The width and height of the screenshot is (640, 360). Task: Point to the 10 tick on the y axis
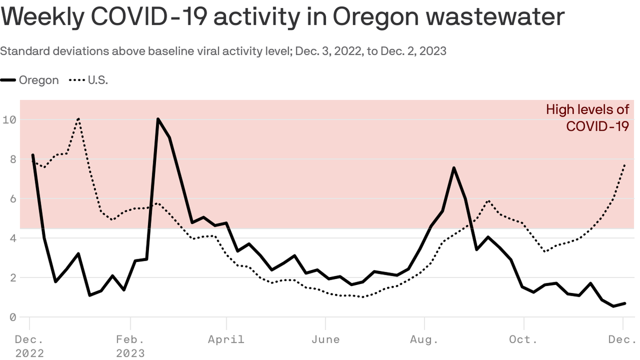click(9, 120)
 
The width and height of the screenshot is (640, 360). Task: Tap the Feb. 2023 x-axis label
click(130, 345)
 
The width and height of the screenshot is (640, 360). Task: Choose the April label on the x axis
click(226, 339)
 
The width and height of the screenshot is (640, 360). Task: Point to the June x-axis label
click(326, 339)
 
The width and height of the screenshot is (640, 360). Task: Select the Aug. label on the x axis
click(424, 339)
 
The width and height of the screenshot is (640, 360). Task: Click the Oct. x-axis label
click(523, 339)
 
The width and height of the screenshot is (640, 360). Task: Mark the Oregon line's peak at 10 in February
click(158, 119)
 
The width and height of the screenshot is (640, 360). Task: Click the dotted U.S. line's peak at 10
click(78, 119)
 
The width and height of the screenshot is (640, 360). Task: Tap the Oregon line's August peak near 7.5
click(454, 168)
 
